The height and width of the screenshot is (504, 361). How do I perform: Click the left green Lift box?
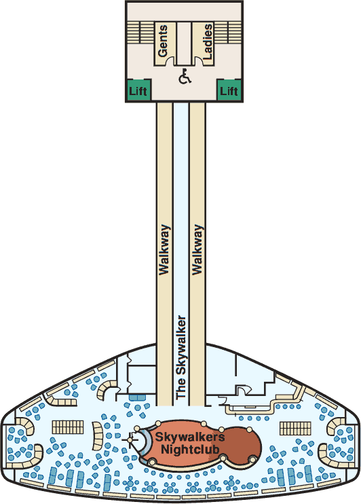138,90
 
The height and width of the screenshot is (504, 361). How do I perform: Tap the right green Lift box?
229,90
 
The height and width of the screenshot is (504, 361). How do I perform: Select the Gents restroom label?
163,41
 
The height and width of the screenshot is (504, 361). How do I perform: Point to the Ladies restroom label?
208,41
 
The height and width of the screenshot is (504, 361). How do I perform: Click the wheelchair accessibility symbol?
185,76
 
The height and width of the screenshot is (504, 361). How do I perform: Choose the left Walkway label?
164,250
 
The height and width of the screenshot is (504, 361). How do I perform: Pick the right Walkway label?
197,250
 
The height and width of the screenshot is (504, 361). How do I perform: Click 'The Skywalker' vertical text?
181,357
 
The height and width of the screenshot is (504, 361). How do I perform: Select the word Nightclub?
190,449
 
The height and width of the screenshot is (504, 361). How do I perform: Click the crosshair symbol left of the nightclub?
131,439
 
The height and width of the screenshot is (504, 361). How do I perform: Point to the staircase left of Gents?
140,32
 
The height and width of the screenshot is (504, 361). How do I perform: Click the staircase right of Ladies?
228,32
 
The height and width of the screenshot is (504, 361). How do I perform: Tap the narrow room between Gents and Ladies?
184,43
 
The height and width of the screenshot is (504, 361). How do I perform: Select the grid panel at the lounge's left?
67,427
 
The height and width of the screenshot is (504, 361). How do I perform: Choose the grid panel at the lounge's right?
295,428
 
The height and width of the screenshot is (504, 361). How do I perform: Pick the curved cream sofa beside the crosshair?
98,436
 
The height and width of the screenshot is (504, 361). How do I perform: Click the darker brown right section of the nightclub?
244,445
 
